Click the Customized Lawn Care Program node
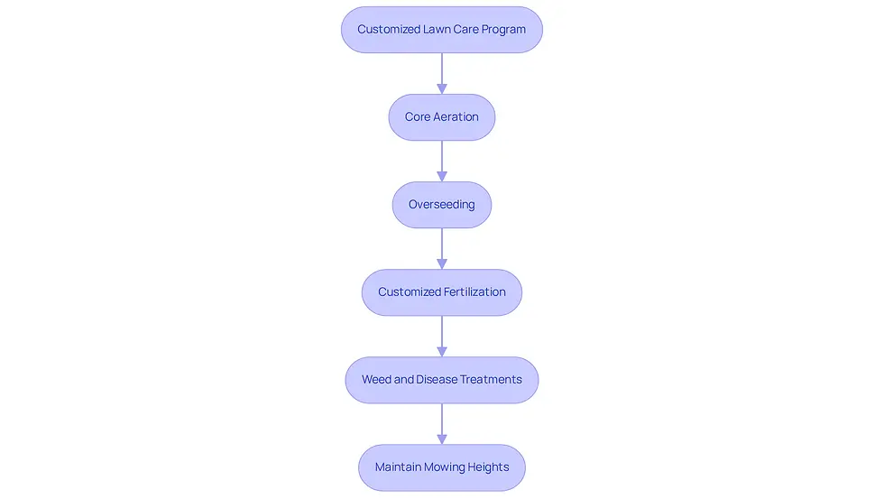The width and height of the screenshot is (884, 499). [x=441, y=30]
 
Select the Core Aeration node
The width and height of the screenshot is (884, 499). [x=441, y=117]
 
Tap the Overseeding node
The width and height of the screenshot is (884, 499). [x=441, y=205]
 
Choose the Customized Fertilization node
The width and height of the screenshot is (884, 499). [x=441, y=292]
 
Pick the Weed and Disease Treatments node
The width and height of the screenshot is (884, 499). [x=441, y=380]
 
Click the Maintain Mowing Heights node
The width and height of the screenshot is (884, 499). [x=441, y=467]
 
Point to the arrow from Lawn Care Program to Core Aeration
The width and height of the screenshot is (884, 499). [x=442, y=73]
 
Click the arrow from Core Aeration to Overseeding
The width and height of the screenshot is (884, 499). [x=442, y=161]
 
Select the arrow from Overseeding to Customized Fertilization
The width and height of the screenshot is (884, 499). [x=442, y=249]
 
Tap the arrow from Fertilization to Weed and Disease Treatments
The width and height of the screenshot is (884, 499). [x=442, y=336]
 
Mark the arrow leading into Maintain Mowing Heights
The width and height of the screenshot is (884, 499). [x=442, y=424]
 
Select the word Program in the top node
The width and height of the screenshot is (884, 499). [x=503, y=30]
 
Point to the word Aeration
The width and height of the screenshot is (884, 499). [x=456, y=116]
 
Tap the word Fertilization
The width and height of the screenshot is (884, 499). [x=474, y=292]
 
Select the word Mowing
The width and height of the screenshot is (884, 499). [x=444, y=467]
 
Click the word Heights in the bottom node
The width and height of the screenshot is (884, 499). [x=488, y=467]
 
